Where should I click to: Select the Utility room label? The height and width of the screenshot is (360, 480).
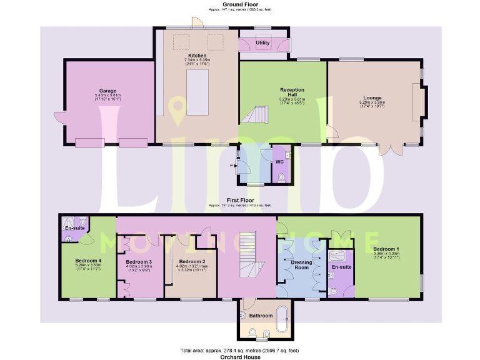tap(263, 43)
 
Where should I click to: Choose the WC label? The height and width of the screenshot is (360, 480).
tap(279, 161)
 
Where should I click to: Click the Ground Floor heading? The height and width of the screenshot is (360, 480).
tap(239, 4)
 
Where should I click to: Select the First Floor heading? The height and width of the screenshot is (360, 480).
tap(239, 201)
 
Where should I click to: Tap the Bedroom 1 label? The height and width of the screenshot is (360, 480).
tap(389, 248)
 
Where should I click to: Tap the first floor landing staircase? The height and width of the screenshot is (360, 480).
tap(247, 256)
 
